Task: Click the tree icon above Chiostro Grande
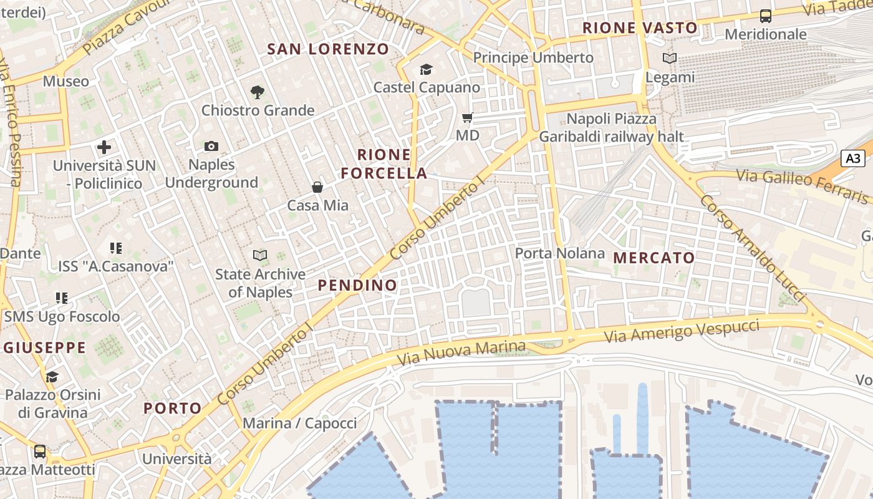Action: tap(257, 92)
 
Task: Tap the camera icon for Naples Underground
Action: tap(211, 147)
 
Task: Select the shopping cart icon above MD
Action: tap(468, 117)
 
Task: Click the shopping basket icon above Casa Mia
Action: tap(317, 187)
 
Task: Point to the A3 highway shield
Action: tap(852, 158)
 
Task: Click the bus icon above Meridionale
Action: tap(765, 16)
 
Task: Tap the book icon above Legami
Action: tap(670, 59)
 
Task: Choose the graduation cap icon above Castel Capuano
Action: tap(427, 69)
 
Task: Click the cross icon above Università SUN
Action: tap(104, 148)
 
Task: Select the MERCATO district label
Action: tap(654, 258)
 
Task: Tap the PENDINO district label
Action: tap(357, 285)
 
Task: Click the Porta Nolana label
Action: tap(560, 253)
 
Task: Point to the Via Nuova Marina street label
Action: tap(461, 353)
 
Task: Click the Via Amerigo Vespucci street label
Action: tap(682, 331)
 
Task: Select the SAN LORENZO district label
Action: tap(328, 49)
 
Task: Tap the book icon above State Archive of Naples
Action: tap(260, 255)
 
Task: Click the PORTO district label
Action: tap(173, 409)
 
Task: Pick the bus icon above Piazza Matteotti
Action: tap(40, 451)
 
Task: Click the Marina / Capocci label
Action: tap(300, 424)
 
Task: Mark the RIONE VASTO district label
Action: tap(640, 27)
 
